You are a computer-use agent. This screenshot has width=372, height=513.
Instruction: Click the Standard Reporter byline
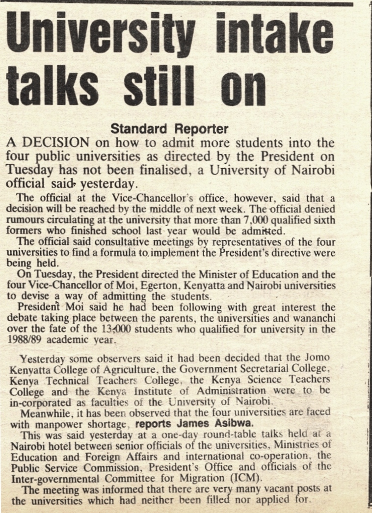pyautogui.click(x=169, y=129)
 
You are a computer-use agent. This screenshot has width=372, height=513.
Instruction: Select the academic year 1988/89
pyautogui.click(x=26, y=339)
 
